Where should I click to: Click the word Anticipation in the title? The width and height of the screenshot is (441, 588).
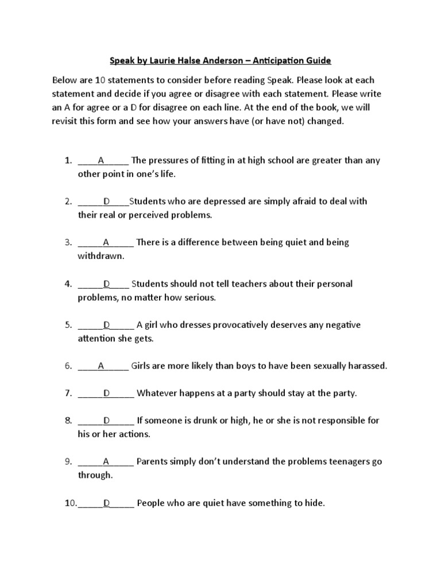coord(274,60)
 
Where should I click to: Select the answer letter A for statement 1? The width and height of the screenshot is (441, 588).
coord(101,160)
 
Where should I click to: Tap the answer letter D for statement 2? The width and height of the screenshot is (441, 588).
coord(106,202)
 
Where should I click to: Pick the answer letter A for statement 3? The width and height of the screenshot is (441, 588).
coord(106,242)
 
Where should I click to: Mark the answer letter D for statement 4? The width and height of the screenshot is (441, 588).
coord(106,284)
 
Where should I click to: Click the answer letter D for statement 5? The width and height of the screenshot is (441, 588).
coord(106,325)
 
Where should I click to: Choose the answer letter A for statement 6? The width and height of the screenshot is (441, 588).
coord(101,366)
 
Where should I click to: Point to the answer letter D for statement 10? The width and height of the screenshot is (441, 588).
coord(106,504)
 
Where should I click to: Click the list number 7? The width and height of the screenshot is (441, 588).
coord(68,393)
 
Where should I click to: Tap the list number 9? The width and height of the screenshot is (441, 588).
coord(68,462)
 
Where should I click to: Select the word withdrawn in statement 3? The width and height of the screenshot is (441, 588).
coord(100,256)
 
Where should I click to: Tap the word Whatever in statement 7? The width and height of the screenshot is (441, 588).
coord(157,393)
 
